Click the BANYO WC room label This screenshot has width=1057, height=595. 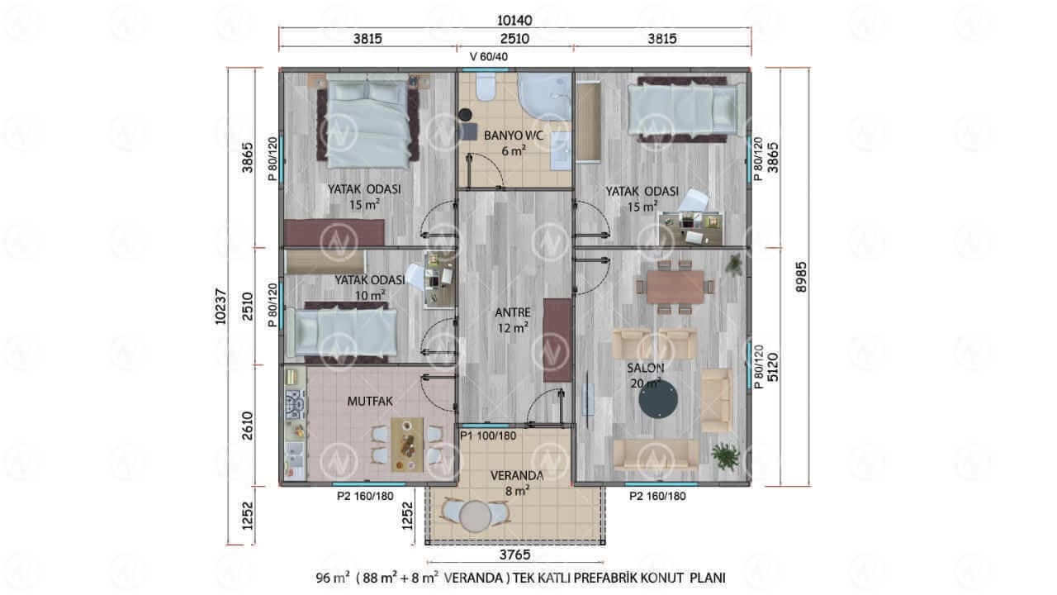coord(514,136)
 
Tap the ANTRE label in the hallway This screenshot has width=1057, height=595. coord(513,312)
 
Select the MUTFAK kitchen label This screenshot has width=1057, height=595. coord(370,402)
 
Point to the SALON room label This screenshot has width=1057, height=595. coord(645,368)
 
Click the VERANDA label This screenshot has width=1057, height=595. coord(517,475)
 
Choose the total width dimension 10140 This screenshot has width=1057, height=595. coord(514,21)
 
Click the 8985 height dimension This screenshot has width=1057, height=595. coord(801,277)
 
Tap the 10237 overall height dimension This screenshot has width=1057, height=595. coord(220,306)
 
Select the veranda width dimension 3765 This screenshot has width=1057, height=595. coord(514,555)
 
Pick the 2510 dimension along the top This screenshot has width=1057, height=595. coord(514,39)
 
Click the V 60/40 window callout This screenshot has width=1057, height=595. coord(489,57)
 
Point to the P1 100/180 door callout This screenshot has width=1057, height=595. coord(488,436)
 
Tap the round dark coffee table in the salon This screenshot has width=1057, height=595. coord(658,399)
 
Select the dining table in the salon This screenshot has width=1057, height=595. coord(675,287)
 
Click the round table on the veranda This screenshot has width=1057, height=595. coord(476,516)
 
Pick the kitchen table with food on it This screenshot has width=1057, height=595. coord(407,445)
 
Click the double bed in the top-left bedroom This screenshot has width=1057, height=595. coord(367,121)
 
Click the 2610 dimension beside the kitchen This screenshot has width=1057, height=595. coord(247,426)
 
